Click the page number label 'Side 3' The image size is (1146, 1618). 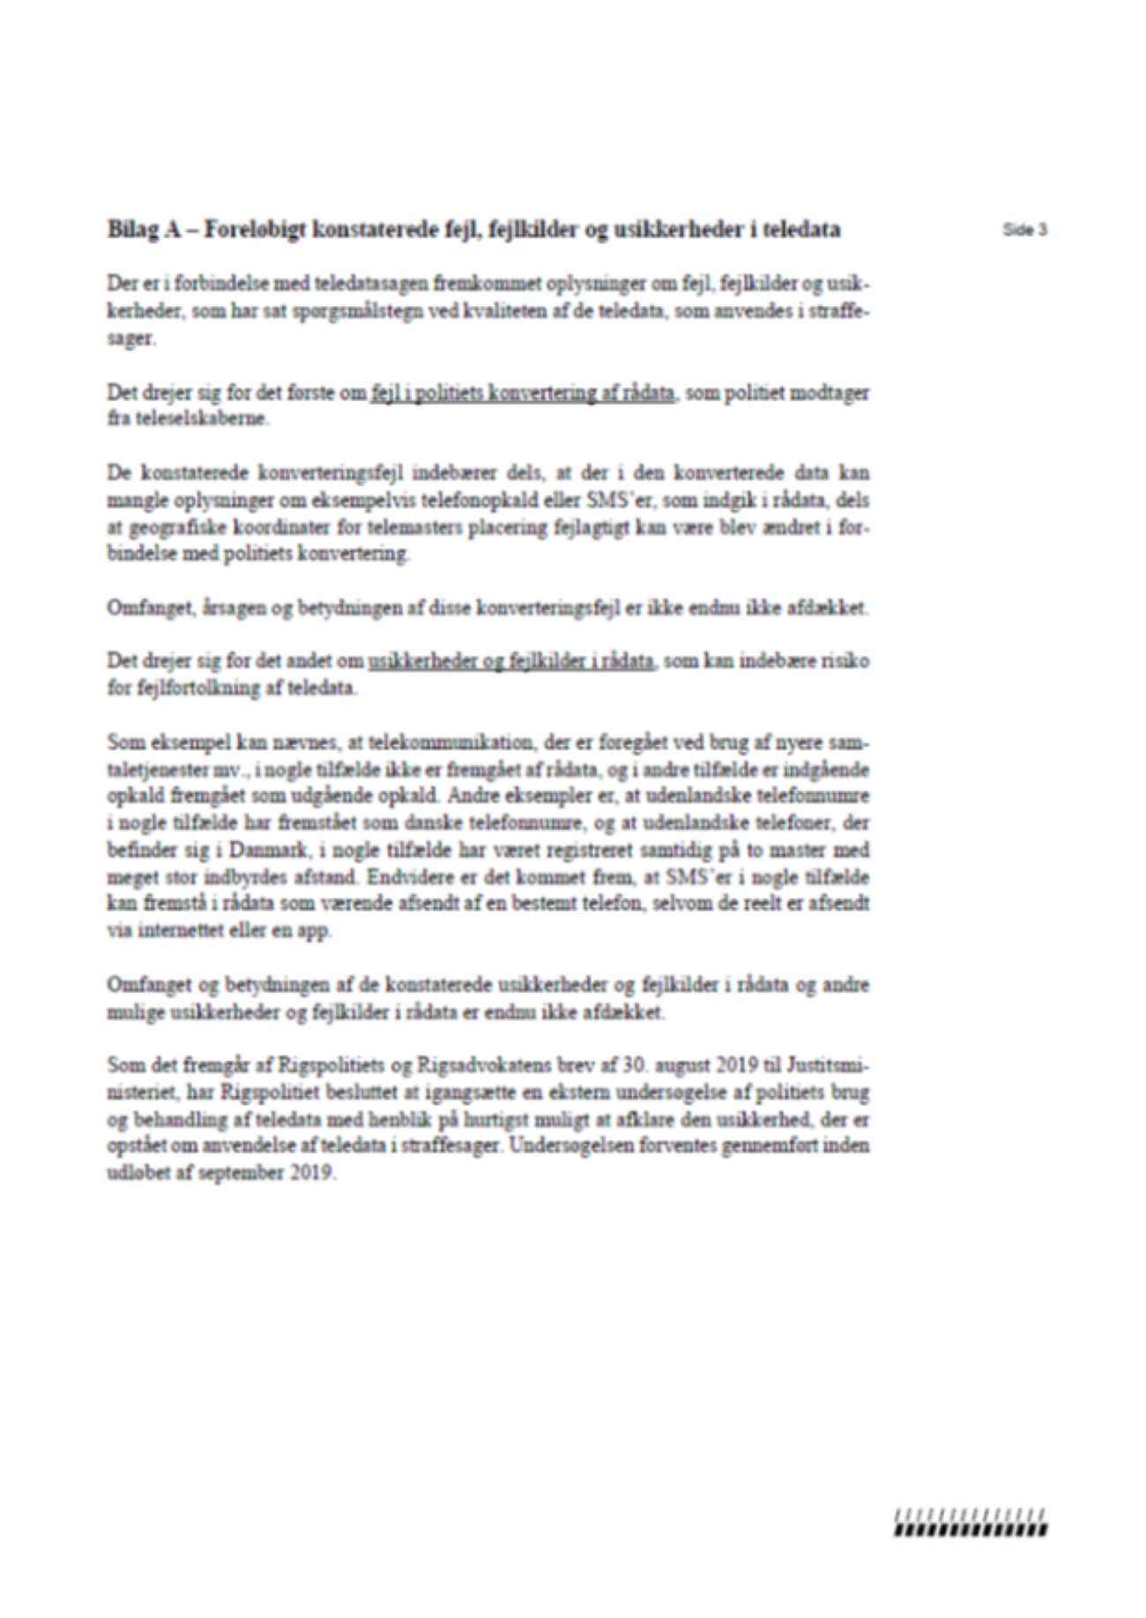[1024, 229]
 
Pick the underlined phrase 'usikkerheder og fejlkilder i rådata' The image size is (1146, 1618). [511, 661]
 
